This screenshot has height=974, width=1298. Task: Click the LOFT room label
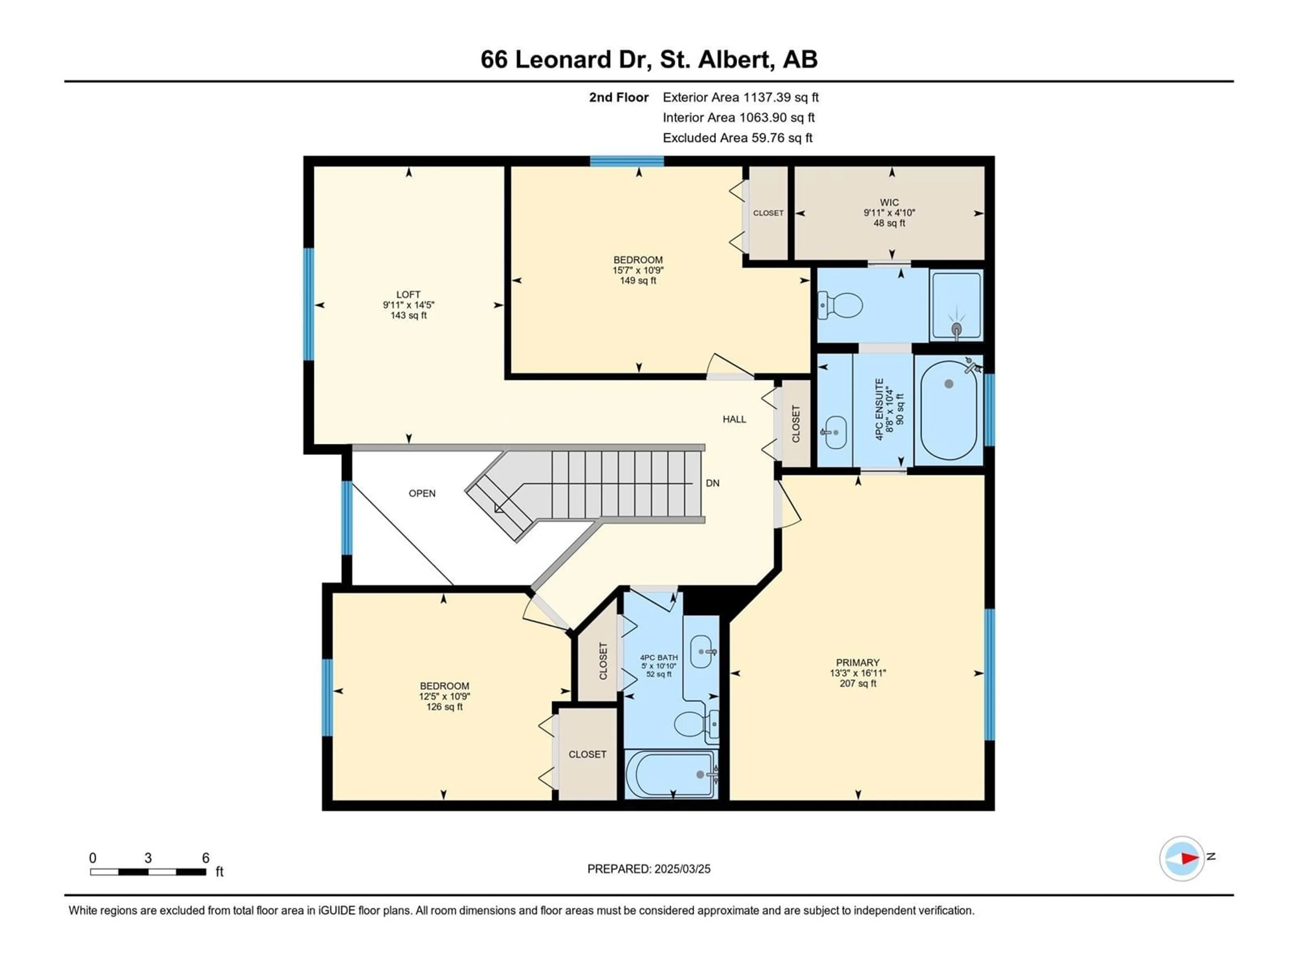click(x=408, y=295)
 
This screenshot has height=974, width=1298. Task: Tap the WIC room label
click(x=890, y=203)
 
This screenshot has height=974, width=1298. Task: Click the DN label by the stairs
click(x=712, y=483)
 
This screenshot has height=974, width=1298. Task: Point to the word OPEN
click(x=422, y=493)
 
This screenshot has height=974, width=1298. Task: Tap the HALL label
click(x=734, y=419)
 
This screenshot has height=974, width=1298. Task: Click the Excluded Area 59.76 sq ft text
click(x=738, y=138)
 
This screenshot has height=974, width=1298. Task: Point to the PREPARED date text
click(x=649, y=869)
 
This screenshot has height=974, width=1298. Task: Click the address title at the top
click(x=649, y=59)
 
